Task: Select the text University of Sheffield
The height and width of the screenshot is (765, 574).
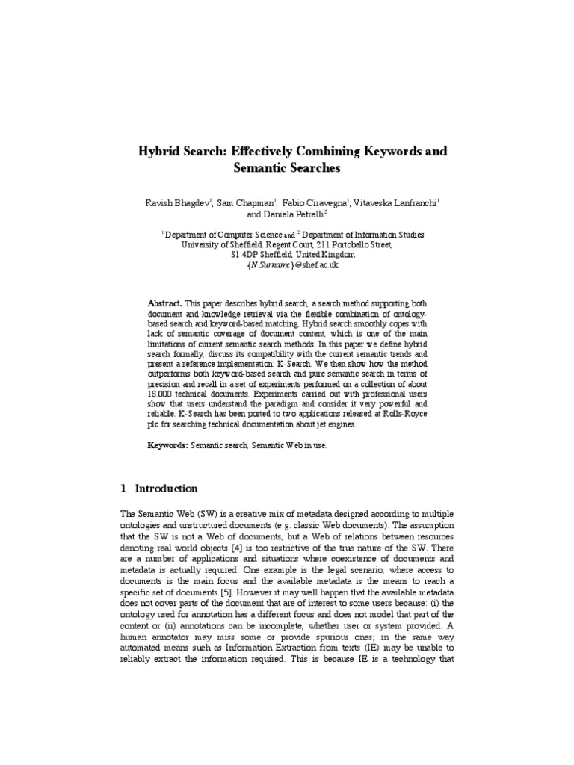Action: [220, 244]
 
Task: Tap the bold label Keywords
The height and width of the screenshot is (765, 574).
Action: [166, 445]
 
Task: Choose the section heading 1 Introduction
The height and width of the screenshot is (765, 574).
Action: [158, 489]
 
